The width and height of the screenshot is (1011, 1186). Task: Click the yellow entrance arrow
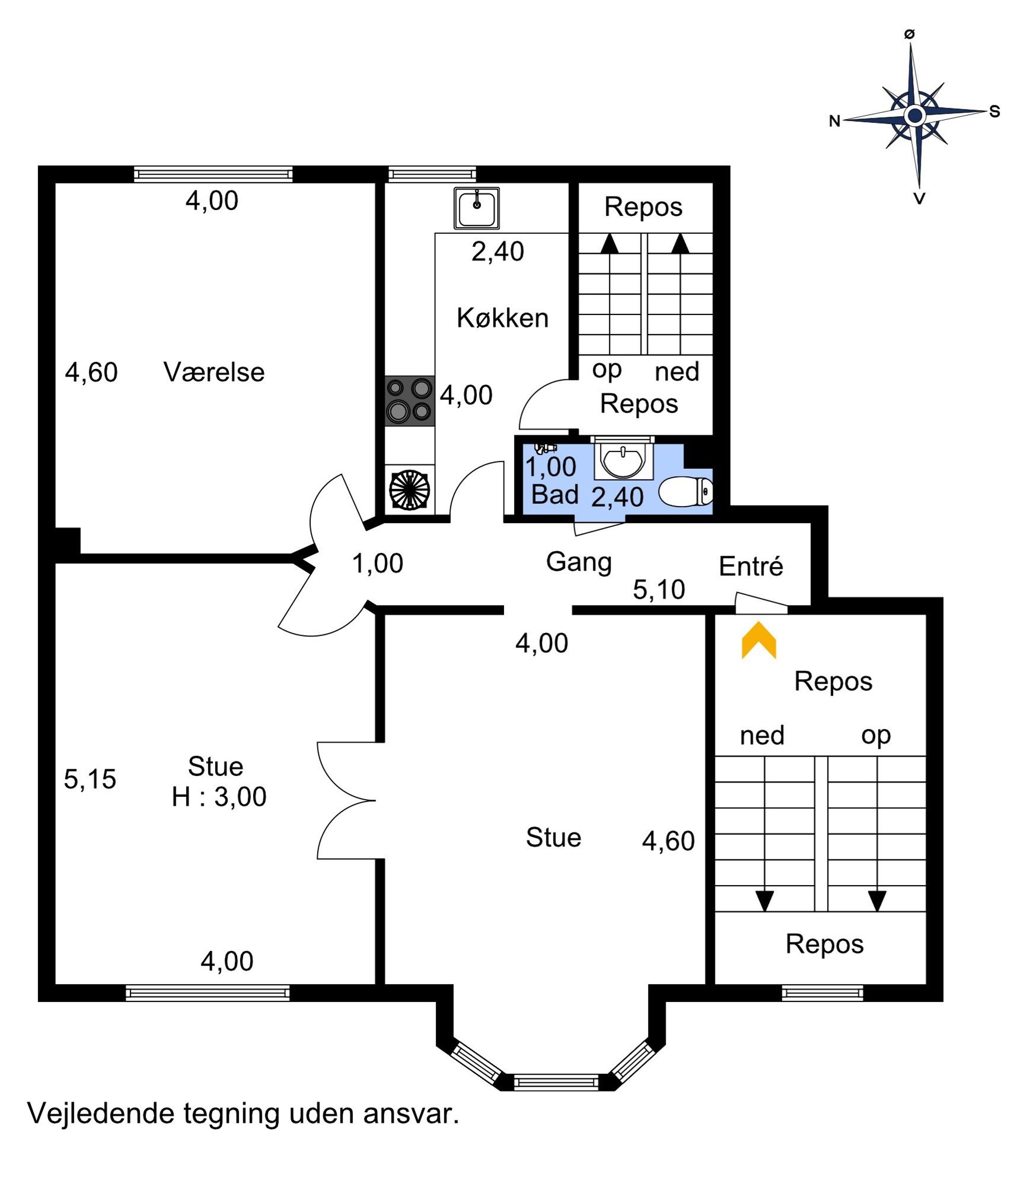point(759,641)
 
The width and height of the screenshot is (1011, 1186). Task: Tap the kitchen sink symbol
point(476,208)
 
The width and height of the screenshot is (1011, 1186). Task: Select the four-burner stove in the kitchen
point(409,401)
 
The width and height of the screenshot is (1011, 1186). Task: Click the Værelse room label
point(214,372)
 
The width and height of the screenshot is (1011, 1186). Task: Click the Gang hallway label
point(579,563)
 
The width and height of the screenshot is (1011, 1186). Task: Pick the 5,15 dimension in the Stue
point(90,779)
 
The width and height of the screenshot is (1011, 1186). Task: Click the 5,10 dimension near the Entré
point(659,589)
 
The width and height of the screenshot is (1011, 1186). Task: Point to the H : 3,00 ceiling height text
point(219,797)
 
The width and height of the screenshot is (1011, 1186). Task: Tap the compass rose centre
point(915,116)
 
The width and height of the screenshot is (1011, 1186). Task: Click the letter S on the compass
point(994,112)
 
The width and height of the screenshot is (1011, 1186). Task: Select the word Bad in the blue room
point(555,494)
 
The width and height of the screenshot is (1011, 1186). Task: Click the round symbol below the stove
point(409,489)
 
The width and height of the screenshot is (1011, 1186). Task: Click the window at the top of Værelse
point(213,174)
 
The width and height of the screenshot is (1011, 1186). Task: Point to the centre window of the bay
point(556,1082)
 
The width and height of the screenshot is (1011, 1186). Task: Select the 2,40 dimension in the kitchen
point(497,251)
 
